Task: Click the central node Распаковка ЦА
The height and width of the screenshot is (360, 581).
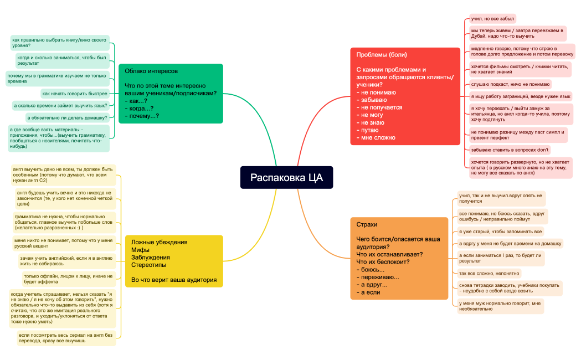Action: (286, 177)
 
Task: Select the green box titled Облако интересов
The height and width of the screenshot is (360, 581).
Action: (171, 94)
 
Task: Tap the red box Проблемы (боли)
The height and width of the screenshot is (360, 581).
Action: (405, 96)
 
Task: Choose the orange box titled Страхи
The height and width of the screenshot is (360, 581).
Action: (399, 258)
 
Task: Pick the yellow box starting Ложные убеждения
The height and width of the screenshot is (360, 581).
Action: (174, 261)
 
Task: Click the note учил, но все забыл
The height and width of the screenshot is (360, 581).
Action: (492, 18)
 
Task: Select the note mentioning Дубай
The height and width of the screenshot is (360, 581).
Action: (518, 33)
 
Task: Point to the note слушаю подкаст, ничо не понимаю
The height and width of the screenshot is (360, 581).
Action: (510, 84)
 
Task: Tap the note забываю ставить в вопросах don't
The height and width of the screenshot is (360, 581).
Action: (510, 150)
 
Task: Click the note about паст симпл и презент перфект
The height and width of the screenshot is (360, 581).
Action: (518, 135)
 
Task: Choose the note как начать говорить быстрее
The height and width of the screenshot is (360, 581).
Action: (75, 94)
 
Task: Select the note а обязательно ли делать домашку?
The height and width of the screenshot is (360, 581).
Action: (67, 117)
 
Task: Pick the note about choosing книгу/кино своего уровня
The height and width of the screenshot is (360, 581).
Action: (60, 43)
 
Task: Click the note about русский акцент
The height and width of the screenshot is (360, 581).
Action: (64, 243)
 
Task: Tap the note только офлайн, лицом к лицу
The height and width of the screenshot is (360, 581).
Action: (69, 279)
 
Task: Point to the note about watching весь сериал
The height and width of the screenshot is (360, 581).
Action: (66, 338)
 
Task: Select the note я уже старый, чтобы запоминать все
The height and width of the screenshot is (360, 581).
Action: (500, 232)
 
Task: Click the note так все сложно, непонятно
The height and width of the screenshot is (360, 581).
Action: (489, 274)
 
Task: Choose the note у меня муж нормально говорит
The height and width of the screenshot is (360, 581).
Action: (500, 306)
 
